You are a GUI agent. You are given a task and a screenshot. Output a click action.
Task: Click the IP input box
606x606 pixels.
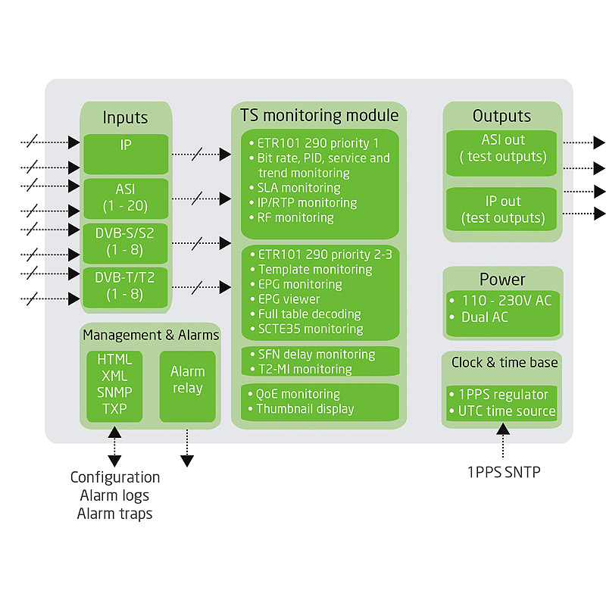126,154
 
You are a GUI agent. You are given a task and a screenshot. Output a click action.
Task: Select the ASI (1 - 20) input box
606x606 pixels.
126,198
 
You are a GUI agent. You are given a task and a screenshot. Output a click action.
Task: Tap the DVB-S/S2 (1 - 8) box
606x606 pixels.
126,242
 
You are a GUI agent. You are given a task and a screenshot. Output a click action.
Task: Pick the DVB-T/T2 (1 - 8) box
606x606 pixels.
126,286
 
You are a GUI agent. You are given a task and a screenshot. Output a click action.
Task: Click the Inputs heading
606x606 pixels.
126,118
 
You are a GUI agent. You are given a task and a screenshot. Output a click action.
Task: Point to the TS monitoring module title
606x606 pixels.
319,116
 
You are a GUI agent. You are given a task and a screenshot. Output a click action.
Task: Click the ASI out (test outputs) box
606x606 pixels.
503,148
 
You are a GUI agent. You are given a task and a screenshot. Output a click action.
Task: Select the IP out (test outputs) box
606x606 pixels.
503,210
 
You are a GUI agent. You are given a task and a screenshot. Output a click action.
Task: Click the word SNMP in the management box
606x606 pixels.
114,392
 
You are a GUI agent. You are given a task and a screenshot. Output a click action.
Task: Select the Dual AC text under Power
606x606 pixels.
485,317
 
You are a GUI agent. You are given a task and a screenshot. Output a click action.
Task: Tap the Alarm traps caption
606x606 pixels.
115,514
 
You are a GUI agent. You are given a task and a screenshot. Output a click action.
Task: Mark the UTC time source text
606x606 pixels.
507,411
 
